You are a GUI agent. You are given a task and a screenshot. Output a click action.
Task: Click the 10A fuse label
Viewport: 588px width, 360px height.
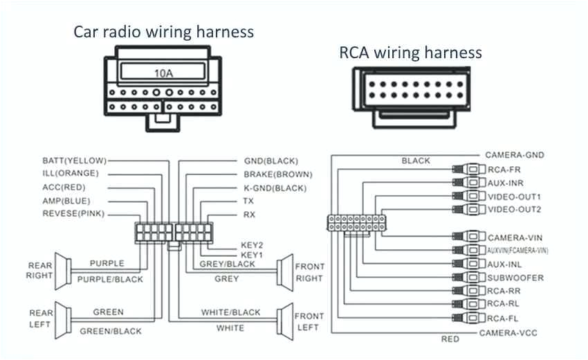[x=164, y=72]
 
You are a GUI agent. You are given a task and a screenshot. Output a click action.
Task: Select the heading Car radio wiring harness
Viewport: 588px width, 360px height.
[x=164, y=32]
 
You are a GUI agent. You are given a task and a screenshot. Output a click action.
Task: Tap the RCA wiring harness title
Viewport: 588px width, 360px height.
[x=410, y=53]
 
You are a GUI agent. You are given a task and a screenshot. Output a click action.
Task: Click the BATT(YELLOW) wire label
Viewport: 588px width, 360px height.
[x=74, y=160]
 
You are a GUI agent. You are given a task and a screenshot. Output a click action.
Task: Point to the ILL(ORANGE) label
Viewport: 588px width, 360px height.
[x=71, y=173]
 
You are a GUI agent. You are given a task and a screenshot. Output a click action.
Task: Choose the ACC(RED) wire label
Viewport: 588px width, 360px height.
[x=65, y=187]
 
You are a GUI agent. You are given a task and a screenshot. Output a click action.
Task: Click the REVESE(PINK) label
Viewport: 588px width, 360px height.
[x=73, y=214]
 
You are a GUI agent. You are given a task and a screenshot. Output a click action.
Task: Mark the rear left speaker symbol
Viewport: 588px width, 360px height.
[x=62, y=319]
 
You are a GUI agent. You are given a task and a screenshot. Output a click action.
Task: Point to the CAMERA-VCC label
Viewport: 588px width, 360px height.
[x=508, y=333]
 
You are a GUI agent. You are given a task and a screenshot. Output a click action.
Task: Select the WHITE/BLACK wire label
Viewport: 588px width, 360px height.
[x=230, y=312]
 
